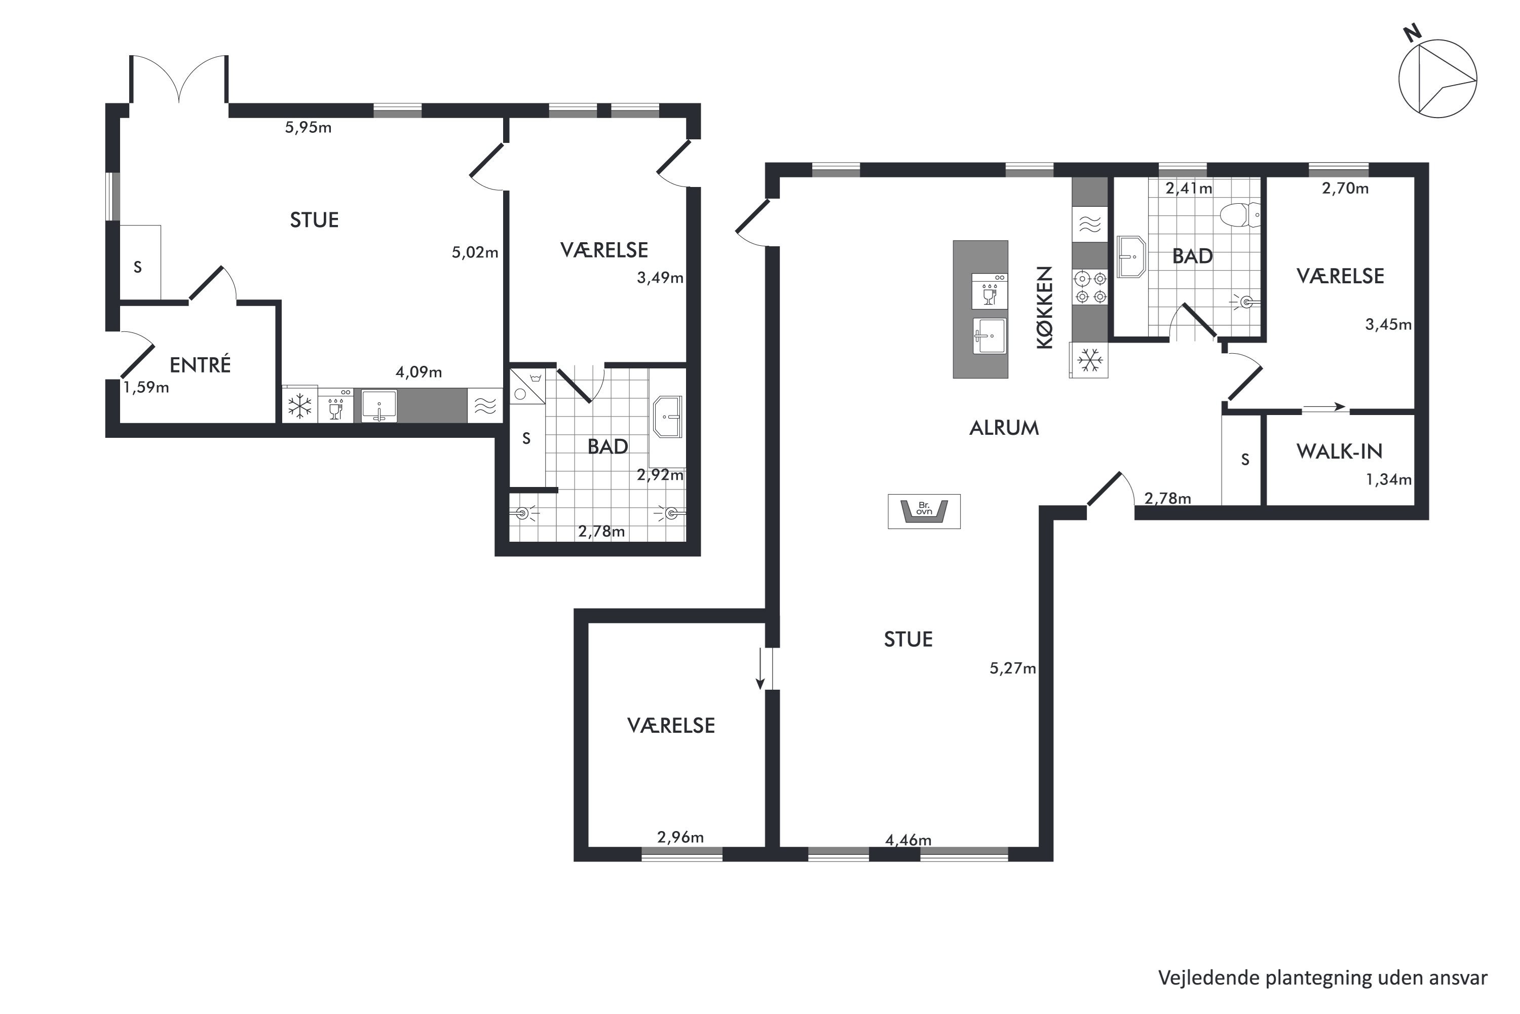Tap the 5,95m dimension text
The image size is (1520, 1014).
[309, 127]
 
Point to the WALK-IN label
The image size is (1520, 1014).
[1339, 452]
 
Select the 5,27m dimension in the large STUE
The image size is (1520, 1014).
[1012, 668]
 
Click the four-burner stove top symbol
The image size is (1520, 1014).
[1090, 288]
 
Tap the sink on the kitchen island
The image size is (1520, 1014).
[989, 335]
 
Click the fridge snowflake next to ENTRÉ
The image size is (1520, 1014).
[299, 406]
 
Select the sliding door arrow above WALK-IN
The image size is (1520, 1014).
[1323, 407]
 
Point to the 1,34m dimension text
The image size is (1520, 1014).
[1388, 480]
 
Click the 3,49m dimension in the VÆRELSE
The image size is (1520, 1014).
[660, 278]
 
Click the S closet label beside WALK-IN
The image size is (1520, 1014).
[1244, 460]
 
